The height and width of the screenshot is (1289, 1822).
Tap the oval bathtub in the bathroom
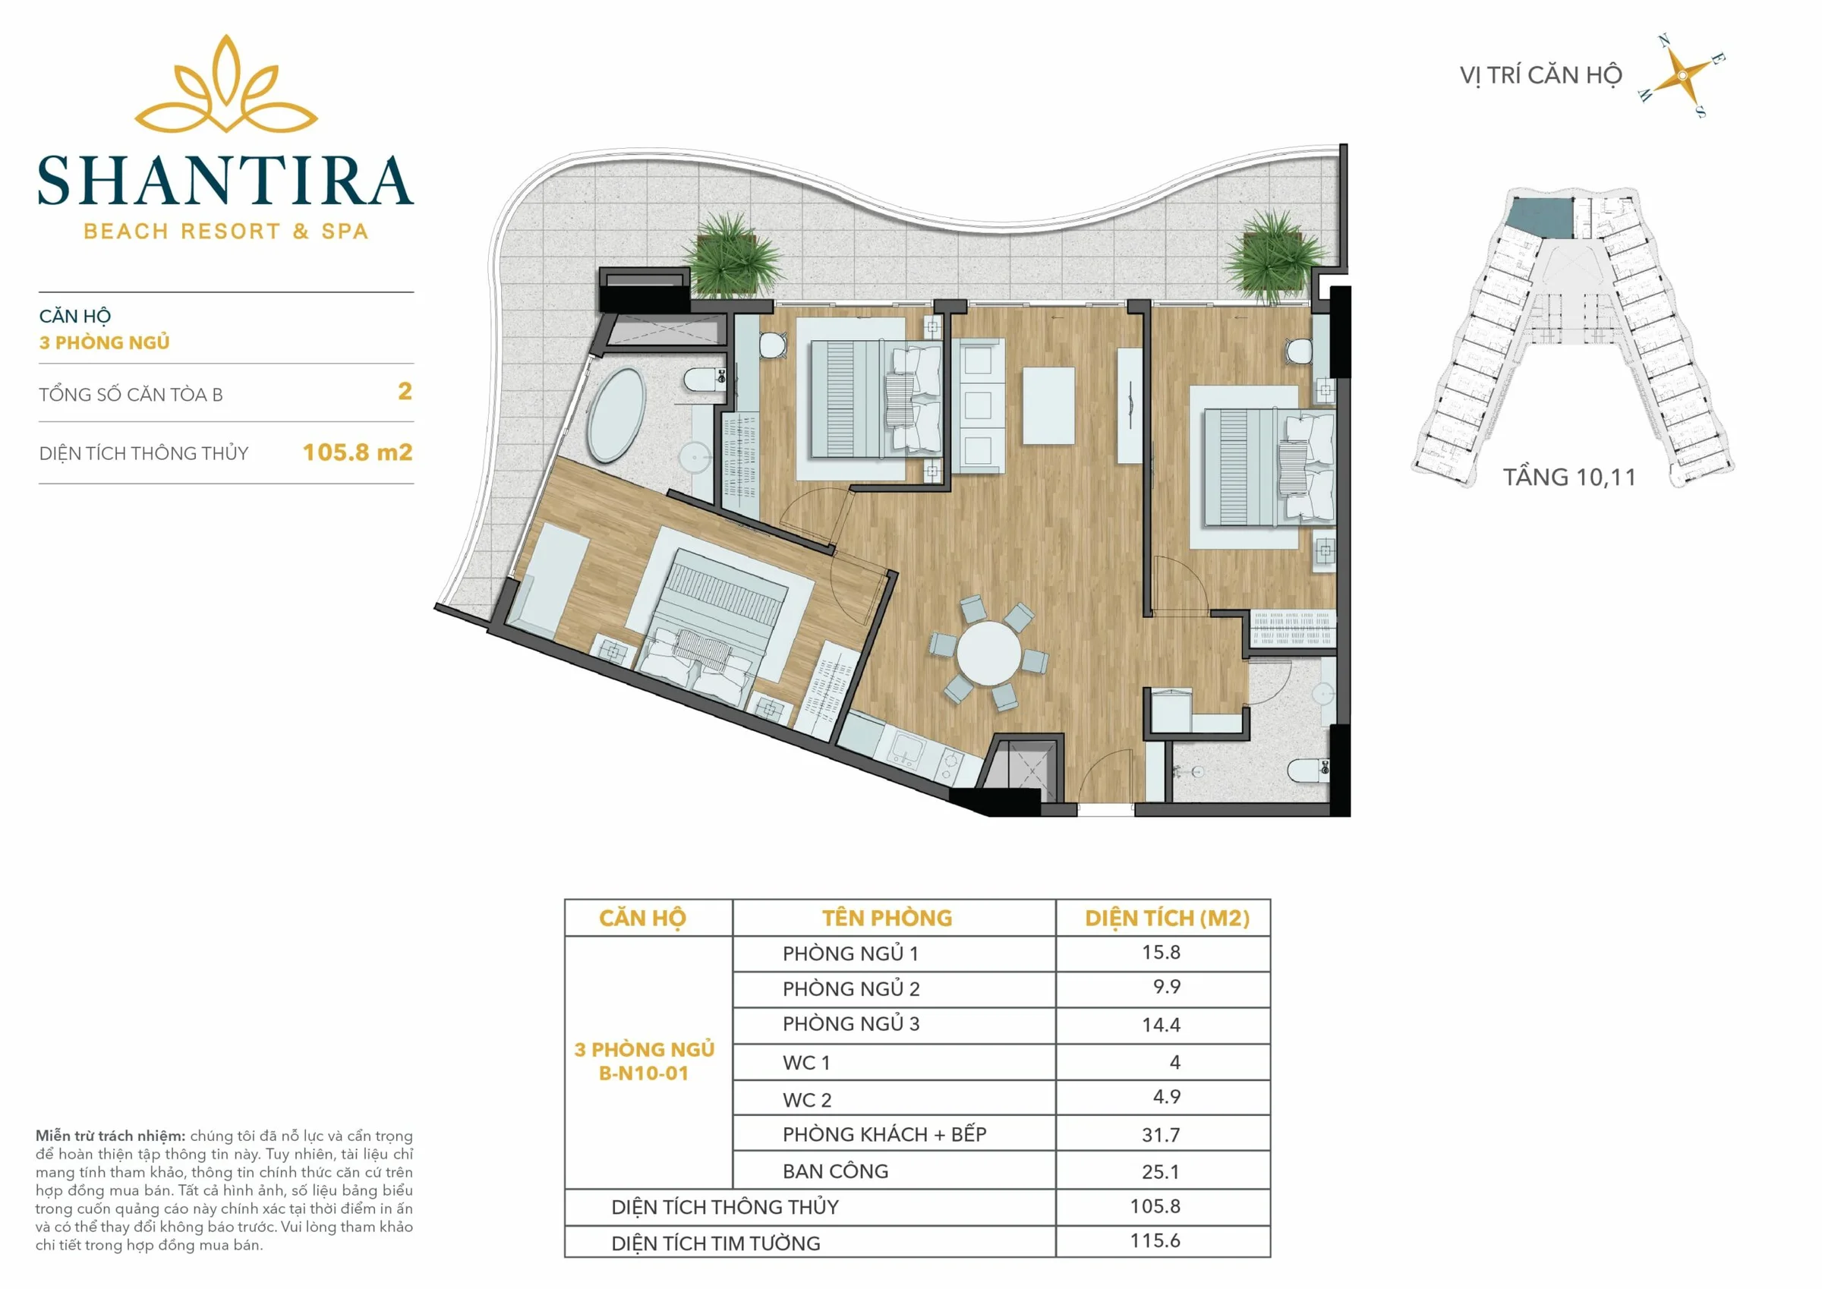pyautogui.click(x=616, y=414)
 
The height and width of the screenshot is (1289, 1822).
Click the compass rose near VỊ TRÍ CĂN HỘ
pyautogui.click(x=1682, y=76)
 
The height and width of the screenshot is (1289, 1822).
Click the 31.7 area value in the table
pyautogui.click(x=1160, y=1135)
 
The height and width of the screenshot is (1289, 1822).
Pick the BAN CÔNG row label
pyautogui.click(x=835, y=1171)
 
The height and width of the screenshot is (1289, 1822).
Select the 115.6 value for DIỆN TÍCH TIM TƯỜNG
pyautogui.click(x=1155, y=1240)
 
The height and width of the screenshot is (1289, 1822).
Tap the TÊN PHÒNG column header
pyautogui.click(x=887, y=919)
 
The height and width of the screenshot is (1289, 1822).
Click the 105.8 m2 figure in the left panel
pyautogui.click(x=357, y=452)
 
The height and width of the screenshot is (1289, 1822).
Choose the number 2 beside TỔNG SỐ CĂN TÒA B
pyautogui.click(x=405, y=391)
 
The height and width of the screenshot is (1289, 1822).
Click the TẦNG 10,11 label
pyautogui.click(x=1569, y=477)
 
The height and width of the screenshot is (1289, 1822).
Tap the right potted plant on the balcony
pyautogui.click(x=1275, y=256)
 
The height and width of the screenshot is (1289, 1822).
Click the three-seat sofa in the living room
pyautogui.click(x=978, y=405)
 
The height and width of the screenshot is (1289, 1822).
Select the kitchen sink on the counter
pyautogui.click(x=905, y=749)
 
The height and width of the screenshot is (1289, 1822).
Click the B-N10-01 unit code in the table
pyautogui.click(x=644, y=1073)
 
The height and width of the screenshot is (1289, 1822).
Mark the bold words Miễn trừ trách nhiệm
pyautogui.click(x=110, y=1136)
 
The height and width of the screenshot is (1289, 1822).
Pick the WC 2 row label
pyautogui.click(x=807, y=1100)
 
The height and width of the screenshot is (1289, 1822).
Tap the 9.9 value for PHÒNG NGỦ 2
pyautogui.click(x=1167, y=987)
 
